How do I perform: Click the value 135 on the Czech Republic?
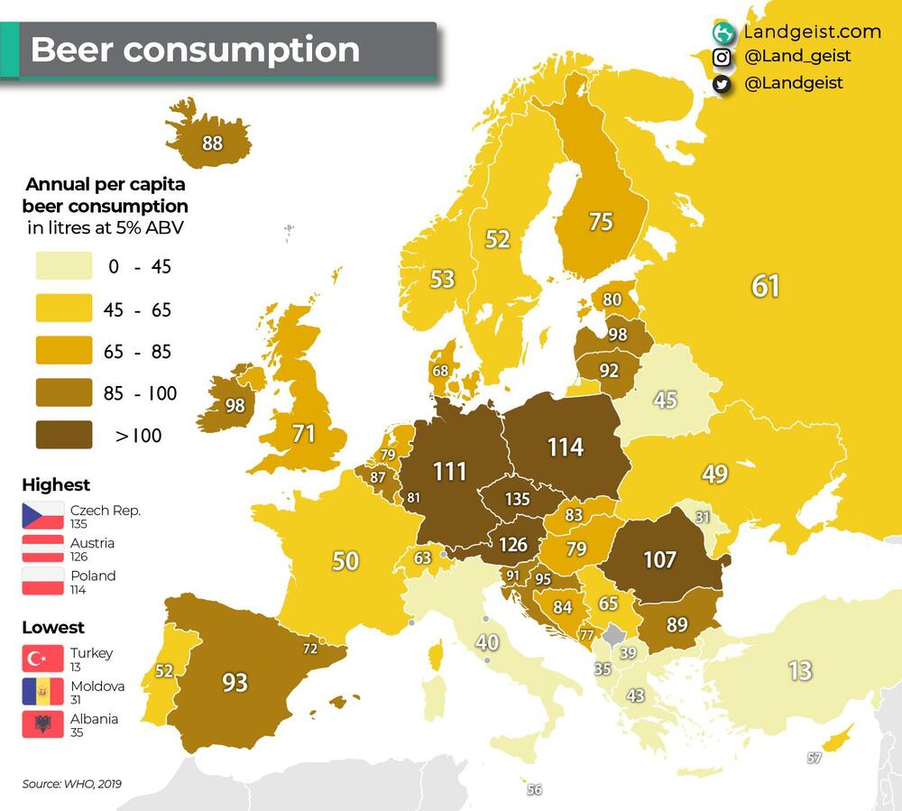click(518, 499)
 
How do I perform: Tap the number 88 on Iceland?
click(213, 143)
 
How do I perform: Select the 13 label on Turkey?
click(800, 671)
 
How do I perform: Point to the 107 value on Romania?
click(659, 559)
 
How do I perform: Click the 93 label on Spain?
click(235, 682)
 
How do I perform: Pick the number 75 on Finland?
click(601, 221)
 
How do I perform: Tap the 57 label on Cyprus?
click(815, 759)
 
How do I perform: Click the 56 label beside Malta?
click(535, 790)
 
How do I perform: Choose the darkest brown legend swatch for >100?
click(64, 435)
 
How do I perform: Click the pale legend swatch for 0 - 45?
click(64, 266)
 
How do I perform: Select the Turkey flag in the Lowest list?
click(43, 659)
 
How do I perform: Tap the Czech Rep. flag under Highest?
click(43, 516)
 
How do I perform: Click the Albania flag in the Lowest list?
click(43, 724)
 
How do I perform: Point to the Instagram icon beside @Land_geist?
click(722, 57)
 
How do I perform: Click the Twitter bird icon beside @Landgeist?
click(722, 84)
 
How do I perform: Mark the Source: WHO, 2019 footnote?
click(72, 784)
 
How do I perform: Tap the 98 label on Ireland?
click(235, 406)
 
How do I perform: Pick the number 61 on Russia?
click(765, 286)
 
